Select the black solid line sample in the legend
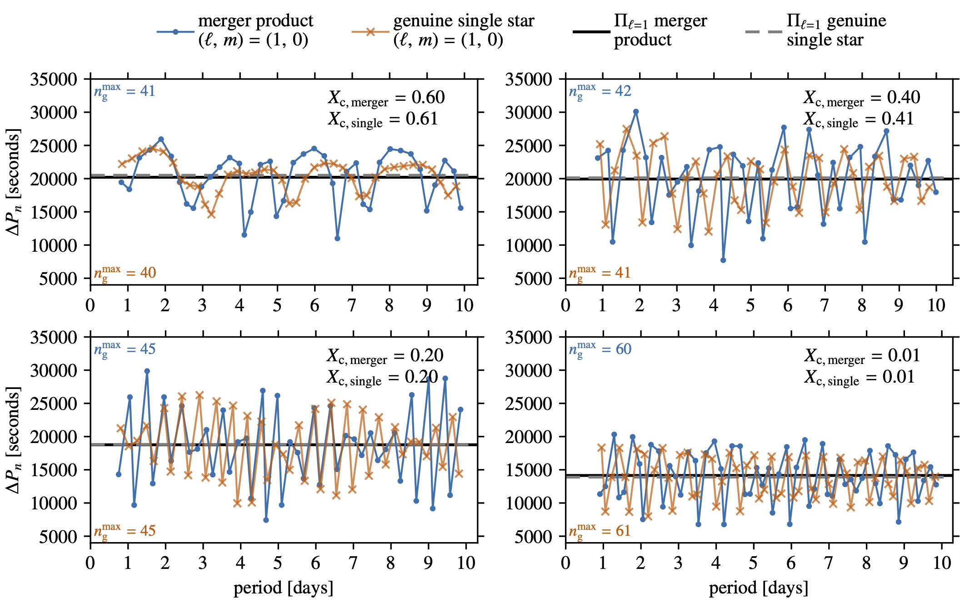[x=591, y=31]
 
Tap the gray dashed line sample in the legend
[x=764, y=31]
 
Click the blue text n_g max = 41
[x=125, y=91]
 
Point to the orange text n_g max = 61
[x=600, y=531]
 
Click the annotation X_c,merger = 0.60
[x=386, y=98]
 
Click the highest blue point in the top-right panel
[x=636, y=111]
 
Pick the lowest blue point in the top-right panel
[x=723, y=260]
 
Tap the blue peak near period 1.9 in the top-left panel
[x=161, y=139]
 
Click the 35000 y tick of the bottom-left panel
[x=54, y=337]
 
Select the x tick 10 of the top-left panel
[x=464, y=305]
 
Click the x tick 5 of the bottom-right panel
[x=753, y=563]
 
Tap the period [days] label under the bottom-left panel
[x=283, y=588]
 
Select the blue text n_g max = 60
[x=600, y=349]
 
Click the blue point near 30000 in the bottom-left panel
[x=147, y=371]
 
